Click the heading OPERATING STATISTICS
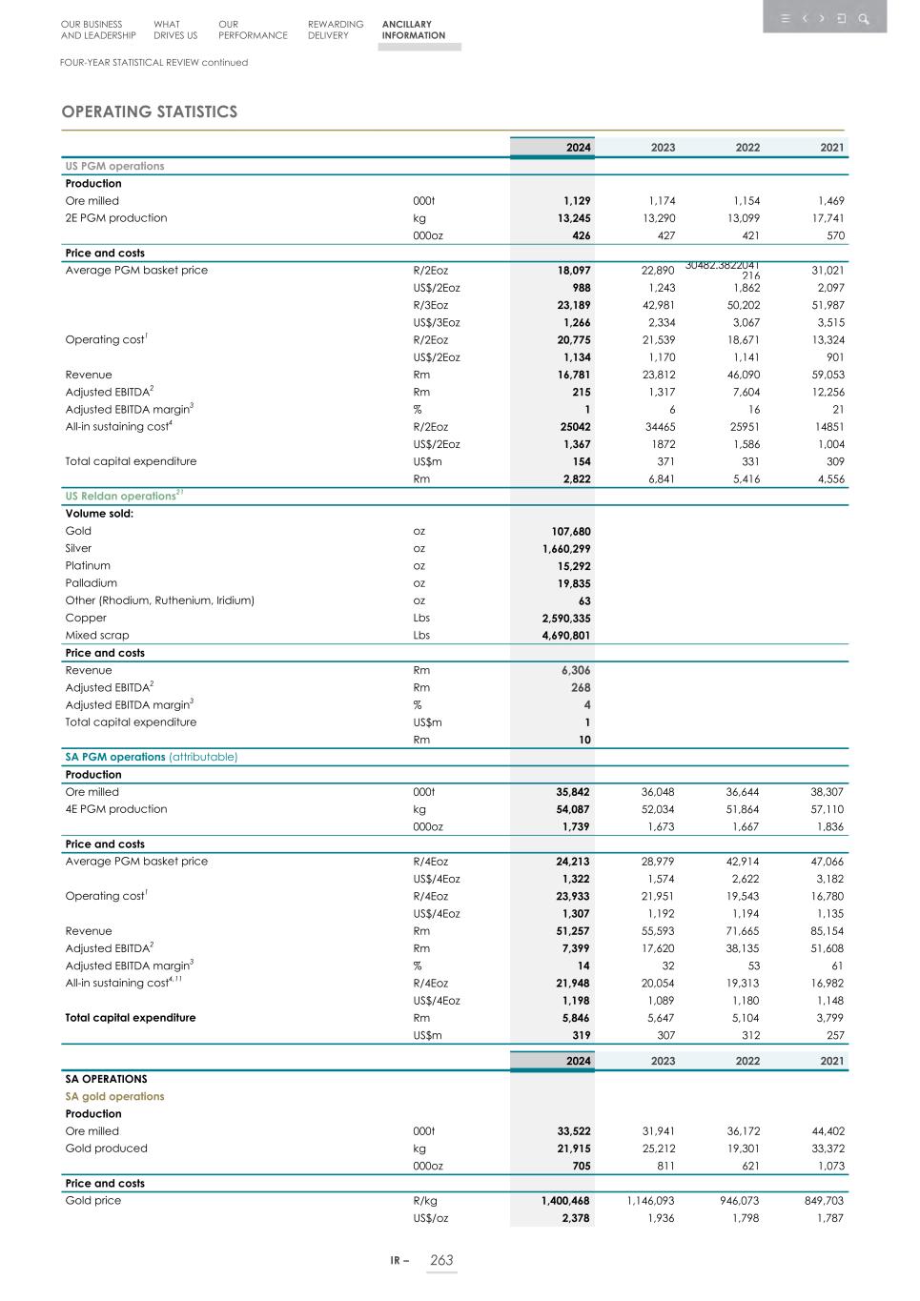pyautogui.click(x=150, y=112)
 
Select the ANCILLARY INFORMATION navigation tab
pyautogui.click(x=413, y=30)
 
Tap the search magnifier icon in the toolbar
pyautogui.click(x=863, y=19)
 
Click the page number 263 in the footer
pyautogui.click(x=441, y=1260)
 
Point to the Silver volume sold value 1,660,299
pyautogui.click(x=566, y=548)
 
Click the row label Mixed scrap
pyautogui.click(x=97, y=635)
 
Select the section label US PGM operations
pyautogui.click(x=114, y=166)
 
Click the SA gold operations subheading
pyautogui.click(x=114, y=1096)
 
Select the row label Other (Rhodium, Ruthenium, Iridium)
pyautogui.click(x=159, y=600)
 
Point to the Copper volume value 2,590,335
pyautogui.click(x=566, y=618)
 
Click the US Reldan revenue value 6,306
pyautogui.click(x=575, y=670)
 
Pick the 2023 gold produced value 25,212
pyautogui.click(x=658, y=1149)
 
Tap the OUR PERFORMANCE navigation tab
pyautogui.click(x=252, y=30)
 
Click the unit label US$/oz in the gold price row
pyautogui.click(x=430, y=1218)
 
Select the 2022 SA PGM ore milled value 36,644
pyautogui.click(x=743, y=792)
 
